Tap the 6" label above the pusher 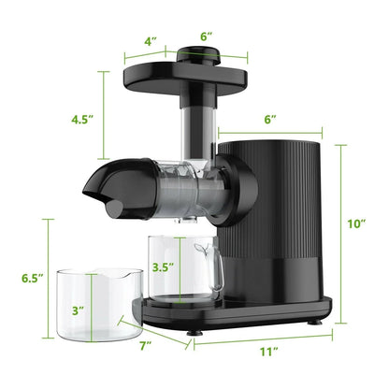pyautogui.click(x=207, y=35)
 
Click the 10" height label pyautogui.click(x=358, y=224)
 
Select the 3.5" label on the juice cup pyautogui.click(x=163, y=266)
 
